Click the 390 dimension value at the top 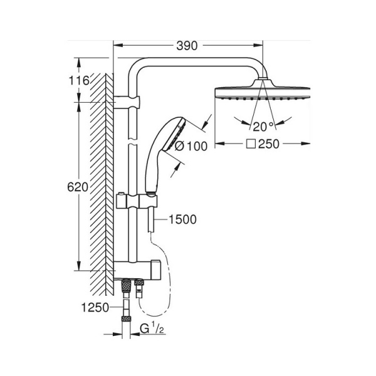click(187, 45)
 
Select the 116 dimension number click(80, 80)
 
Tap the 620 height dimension click(78, 187)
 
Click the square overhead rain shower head click(263, 92)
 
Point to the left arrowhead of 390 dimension click(117, 45)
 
